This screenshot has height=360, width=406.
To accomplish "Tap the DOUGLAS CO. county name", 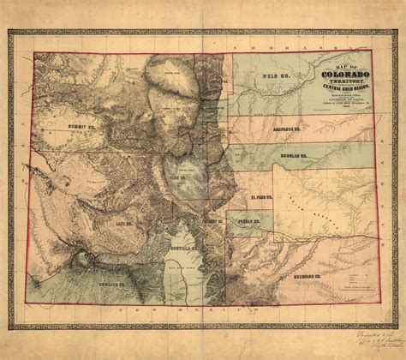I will point(293,158).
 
